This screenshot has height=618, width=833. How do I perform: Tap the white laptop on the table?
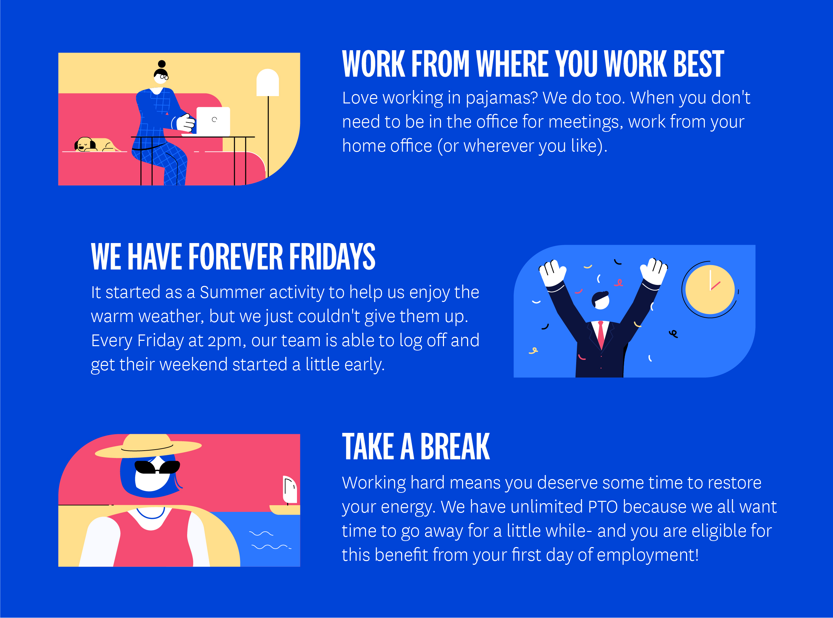click(x=213, y=122)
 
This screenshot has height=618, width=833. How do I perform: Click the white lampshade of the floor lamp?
click(x=268, y=82)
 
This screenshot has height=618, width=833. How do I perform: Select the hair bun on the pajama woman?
click(x=162, y=64)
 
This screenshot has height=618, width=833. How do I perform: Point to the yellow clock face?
click(x=710, y=290)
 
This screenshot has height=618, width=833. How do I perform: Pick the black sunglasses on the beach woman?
click(x=157, y=467)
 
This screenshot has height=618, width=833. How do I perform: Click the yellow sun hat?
click(x=148, y=446)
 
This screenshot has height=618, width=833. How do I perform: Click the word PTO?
click(x=603, y=507)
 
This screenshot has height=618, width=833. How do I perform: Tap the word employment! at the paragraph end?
click(x=648, y=555)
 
